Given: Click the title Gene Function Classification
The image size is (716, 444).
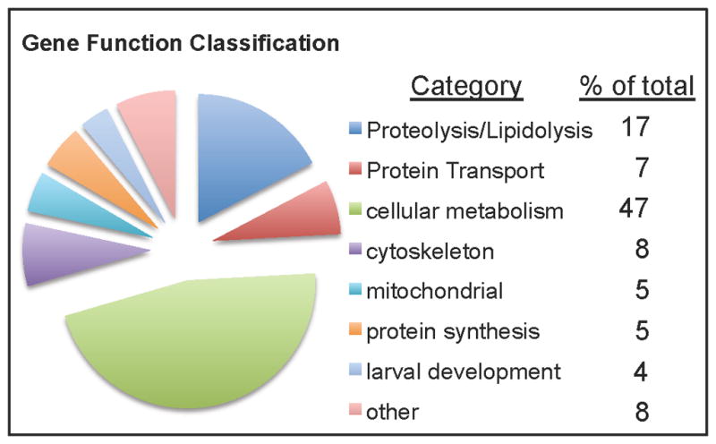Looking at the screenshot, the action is pos(181,43).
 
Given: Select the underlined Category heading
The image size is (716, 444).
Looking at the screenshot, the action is pos(466,86).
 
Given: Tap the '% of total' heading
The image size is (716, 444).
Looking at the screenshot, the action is pos(637,86).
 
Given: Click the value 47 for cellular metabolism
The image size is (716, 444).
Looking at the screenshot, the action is pos(634,209).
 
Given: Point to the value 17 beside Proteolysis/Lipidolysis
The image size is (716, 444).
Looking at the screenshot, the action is pos(635,126).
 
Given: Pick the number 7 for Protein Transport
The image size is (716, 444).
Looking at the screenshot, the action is pos(642,167).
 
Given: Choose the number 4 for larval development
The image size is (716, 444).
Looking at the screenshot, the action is pos(641,371).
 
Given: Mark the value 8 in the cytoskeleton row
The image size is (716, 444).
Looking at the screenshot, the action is pos(642,250).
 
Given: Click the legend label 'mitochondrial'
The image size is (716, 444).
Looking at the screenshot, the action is pos(435,291).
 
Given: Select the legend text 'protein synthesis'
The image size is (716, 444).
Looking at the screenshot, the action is pos(453,331).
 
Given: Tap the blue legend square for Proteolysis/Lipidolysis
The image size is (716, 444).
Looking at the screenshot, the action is pos(355,128).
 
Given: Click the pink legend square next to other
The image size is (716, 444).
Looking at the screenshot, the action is pos(355,410).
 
